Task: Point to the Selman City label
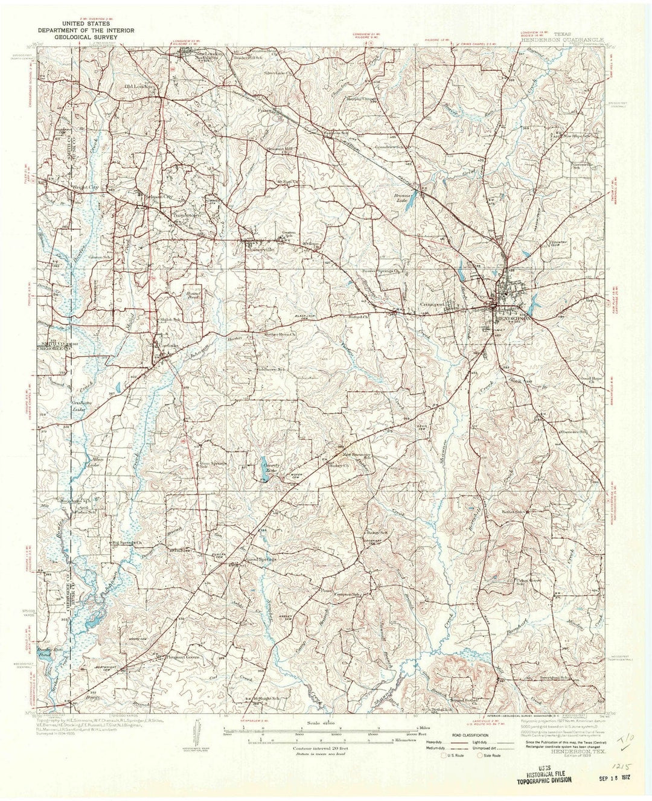point(156,196)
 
